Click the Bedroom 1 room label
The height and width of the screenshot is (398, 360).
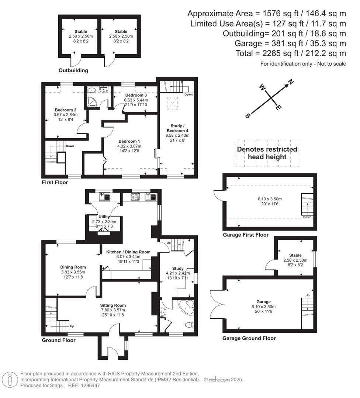tap(129, 141)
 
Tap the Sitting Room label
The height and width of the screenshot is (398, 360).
tap(113, 305)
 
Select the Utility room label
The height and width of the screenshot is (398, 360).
tap(104, 217)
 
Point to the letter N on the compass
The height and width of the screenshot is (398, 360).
tap(290, 82)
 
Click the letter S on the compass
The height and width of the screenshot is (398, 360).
tap(247, 116)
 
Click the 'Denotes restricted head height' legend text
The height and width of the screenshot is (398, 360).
tap(267, 153)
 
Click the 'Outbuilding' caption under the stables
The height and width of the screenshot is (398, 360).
tap(73, 70)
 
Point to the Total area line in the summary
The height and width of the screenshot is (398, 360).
tap(291, 53)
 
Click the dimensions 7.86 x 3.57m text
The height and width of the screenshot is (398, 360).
tap(113, 310)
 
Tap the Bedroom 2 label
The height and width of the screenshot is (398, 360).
tap(66, 110)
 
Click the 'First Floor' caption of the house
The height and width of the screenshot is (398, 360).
tap(55, 182)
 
